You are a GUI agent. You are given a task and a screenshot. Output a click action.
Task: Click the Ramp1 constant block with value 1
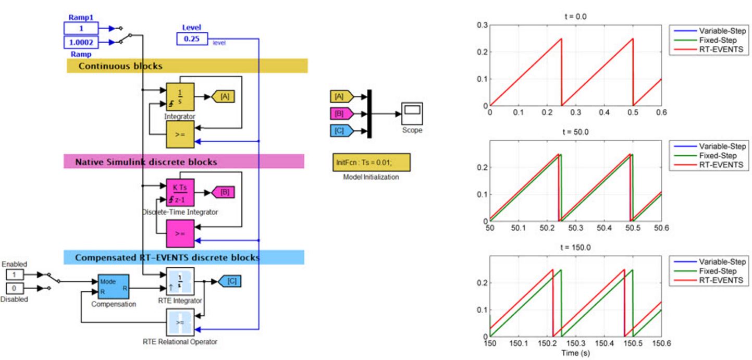coord(81,28)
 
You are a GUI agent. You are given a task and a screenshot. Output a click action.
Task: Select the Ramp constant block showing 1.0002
coord(81,42)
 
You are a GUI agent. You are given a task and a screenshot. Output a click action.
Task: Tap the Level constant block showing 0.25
coord(192,39)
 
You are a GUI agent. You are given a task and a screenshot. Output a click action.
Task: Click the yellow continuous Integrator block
coord(180,96)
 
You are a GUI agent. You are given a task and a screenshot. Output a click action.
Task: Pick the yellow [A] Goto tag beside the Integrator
coord(224,96)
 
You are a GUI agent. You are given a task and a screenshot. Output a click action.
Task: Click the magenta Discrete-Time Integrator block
coord(180,192)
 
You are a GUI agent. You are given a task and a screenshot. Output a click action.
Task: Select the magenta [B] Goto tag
coord(224,192)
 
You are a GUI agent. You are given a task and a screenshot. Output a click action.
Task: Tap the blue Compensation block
coord(114,286)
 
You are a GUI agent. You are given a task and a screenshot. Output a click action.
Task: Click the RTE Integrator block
coord(180,281)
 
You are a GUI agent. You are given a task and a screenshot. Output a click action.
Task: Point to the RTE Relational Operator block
coord(180,322)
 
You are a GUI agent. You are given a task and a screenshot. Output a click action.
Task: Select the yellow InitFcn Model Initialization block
coord(371,163)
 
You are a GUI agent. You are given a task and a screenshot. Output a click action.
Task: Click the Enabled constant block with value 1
coord(14,275)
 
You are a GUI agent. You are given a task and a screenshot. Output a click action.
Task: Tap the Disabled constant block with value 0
coord(14,289)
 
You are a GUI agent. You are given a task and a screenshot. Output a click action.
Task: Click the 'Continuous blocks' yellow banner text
coord(120,66)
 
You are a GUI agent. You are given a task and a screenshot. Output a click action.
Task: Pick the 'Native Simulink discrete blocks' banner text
coord(146,162)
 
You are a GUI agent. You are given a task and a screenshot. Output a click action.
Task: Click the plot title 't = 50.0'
coord(575,132)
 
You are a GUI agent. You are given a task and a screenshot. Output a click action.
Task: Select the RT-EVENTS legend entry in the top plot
coord(721,49)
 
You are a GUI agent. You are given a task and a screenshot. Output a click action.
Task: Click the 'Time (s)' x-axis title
coord(575,353)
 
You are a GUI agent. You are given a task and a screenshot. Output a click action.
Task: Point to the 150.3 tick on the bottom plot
coord(576,343)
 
